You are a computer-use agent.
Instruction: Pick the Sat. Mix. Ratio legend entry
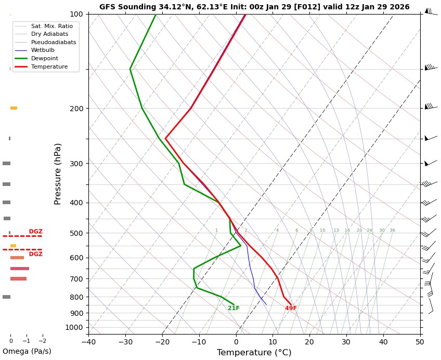(51, 25)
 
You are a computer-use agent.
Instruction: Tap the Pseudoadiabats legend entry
(53, 42)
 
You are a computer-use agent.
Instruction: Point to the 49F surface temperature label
(291, 308)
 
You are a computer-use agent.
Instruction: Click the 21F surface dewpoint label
(234, 308)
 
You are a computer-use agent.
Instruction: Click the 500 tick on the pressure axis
(76, 233)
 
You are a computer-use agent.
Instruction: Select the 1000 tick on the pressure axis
(75, 327)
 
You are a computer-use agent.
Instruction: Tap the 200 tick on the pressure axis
(76, 109)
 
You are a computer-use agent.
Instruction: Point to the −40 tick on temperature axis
(88, 341)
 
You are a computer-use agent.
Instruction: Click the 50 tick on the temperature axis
(420, 341)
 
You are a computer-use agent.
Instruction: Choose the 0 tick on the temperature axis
(236, 341)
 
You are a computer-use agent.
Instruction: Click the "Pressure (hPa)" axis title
(58, 174)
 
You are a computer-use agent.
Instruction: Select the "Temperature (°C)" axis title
(254, 353)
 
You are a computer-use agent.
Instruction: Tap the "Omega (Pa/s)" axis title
(27, 351)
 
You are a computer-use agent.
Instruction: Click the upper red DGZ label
(36, 232)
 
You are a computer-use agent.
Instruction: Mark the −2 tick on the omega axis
(42, 341)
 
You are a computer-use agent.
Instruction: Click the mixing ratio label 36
(392, 231)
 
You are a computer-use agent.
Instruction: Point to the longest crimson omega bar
(20, 269)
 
